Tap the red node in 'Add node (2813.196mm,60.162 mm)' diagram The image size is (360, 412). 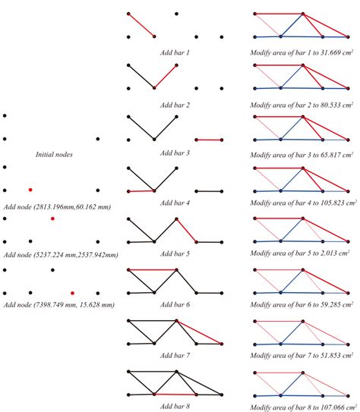click(30, 189)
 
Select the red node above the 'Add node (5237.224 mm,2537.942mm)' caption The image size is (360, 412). click(52, 219)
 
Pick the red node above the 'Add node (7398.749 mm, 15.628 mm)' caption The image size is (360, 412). click(72, 291)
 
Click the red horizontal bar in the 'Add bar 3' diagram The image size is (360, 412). click(209, 140)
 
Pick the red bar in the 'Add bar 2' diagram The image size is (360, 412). click(166, 77)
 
